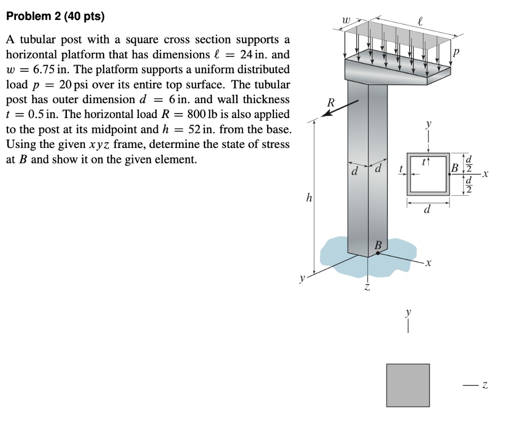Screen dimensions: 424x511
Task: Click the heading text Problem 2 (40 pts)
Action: click(55, 16)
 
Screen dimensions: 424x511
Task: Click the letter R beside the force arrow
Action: click(330, 103)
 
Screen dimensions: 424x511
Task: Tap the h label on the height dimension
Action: click(309, 198)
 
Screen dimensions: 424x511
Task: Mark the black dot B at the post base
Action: click(378, 253)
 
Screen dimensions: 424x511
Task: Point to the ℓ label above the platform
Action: click(420, 21)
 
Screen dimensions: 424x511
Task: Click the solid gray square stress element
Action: click(408, 385)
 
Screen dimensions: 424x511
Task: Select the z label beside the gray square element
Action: click(484, 385)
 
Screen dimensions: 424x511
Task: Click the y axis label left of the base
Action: click(301, 280)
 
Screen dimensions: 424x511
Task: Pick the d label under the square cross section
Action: click(427, 210)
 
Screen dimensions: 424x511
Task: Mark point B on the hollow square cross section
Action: click(450, 174)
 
